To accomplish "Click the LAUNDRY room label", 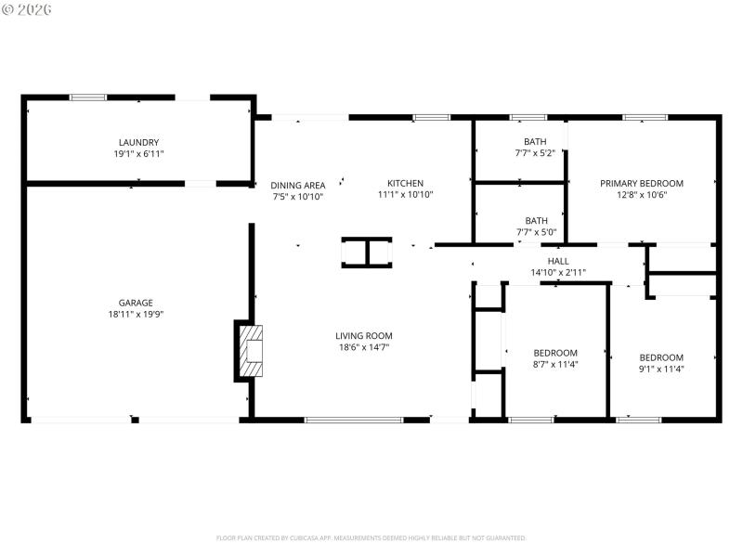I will click(137, 142).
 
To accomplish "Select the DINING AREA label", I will click(297, 185).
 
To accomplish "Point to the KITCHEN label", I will click(405, 183).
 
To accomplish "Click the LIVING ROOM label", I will click(364, 335).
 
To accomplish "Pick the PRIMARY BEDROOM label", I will click(641, 183).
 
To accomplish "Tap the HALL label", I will click(558, 261).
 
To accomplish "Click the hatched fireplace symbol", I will click(252, 350).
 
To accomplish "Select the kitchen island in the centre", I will click(366, 252).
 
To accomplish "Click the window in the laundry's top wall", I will click(88, 97).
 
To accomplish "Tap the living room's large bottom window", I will click(354, 420).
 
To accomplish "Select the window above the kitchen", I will click(431, 117).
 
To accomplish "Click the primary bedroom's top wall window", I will click(638, 117).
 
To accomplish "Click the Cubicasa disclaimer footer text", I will click(371, 538).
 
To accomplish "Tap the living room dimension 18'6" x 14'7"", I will click(364, 347).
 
